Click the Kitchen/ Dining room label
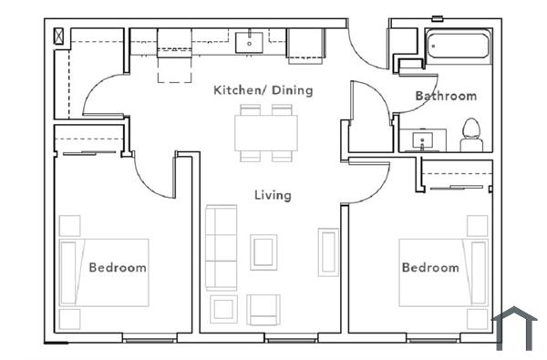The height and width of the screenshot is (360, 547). [x=263, y=90]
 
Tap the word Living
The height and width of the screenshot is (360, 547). [x=273, y=195]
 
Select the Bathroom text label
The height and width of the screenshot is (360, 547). [x=445, y=96]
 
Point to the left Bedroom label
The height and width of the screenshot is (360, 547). [x=117, y=268]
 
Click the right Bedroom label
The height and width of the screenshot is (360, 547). [x=430, y=268]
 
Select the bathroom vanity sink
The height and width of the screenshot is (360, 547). [x=423, y=140]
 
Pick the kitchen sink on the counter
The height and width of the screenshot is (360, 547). [x=248, y=42]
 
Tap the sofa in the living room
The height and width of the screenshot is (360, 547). [x=221, y=247]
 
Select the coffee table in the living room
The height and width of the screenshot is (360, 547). [x=264, y=252]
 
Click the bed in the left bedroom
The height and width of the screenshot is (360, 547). [x=104, y=273]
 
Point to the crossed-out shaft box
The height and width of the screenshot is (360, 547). [x=60, y=36]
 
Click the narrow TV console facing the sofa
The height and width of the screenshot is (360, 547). [x=327, y=252]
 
